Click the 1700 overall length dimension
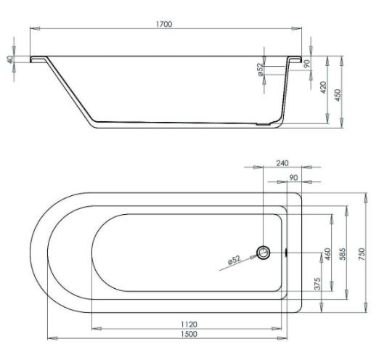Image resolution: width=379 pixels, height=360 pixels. [x=165, y=24]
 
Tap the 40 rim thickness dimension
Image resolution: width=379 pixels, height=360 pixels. [x=10, y=59]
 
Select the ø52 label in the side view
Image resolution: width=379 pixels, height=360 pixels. [x=260, y=69]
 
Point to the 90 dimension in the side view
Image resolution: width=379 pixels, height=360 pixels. [x=307, y=63]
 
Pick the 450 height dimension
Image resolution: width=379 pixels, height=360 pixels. [x=337, y=95]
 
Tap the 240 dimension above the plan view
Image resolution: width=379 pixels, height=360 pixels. [x=282, y=163]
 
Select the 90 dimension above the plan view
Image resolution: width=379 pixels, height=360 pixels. [x=293, y=178]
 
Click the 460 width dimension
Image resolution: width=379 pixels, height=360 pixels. [x=327, y=254]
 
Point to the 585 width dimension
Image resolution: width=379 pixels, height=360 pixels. [x=343, y=254]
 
